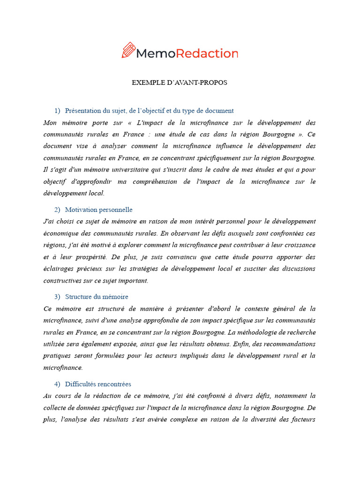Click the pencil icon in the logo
click(128, 50)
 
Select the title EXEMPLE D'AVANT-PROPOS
click(180, 82)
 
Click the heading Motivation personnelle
click(98, 210)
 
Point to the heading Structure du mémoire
click(97, 297)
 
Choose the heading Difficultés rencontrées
click(98, 384)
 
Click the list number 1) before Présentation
click(57, 111)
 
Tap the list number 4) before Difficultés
click(57, 384)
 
